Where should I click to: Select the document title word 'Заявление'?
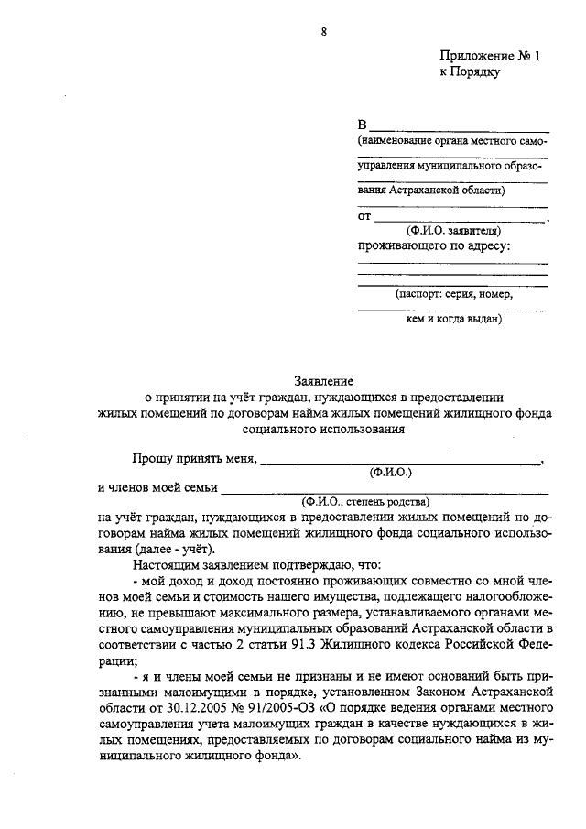click(x=323, y=380)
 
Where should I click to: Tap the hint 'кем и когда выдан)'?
click(x=453, y=320)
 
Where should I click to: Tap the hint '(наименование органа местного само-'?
click(x=452, y=142)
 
